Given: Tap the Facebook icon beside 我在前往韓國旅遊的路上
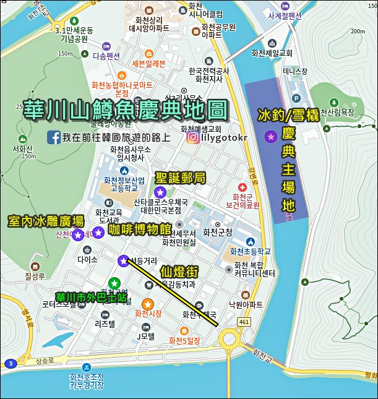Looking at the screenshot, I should [x=53, y=137].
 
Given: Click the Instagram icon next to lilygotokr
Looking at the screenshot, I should [x=193, y=137].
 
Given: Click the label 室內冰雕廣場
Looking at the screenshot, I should [x=46, y=221].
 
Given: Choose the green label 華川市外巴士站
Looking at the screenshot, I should [x=92, y=297].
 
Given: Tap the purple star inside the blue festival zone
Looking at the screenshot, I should [x=270, y=136].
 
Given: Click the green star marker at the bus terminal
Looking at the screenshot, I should [x=114, y=283].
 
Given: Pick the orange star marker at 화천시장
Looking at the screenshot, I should [x=148, y=304].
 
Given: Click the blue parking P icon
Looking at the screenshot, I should [x=295, y=98].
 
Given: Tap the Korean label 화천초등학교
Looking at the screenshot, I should [x=250, y=252].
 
